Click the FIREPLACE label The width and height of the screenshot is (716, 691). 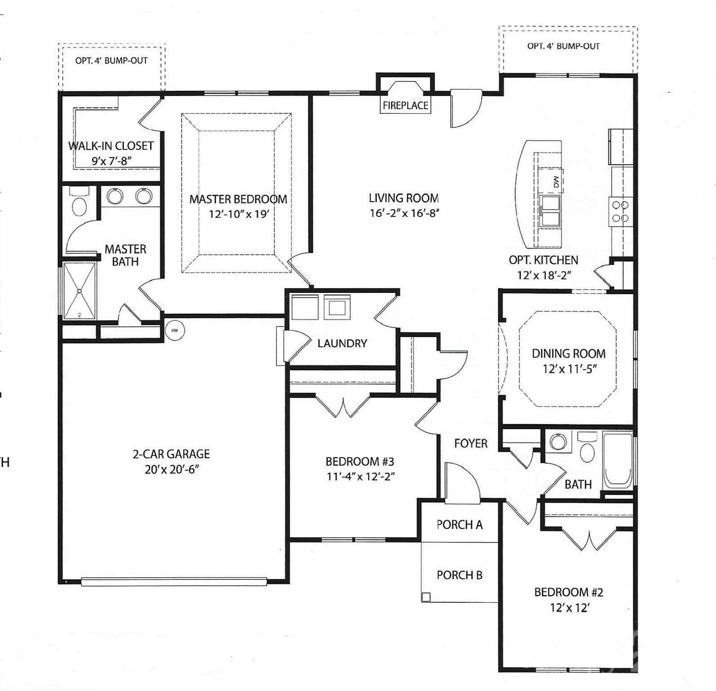(405, 105)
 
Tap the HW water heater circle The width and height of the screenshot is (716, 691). (175, 330)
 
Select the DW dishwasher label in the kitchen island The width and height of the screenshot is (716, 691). (556, 182)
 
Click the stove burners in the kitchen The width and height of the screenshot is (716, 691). (621, 211)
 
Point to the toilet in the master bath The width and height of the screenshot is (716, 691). (80, 203)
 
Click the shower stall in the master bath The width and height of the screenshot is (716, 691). (80, 291)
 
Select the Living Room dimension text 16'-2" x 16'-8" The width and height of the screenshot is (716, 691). (404, 213)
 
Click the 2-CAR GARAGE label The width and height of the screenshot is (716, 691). (171, 454)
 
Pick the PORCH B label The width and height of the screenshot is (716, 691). (459, 575)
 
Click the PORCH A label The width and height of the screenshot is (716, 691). (459, 525)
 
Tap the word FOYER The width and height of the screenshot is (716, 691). (470, 444)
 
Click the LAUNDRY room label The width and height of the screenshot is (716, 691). (342, 344)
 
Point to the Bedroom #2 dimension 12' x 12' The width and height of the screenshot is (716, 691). (569, 608)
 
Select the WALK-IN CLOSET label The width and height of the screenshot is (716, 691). (111, 146)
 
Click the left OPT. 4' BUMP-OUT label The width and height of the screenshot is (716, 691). (111, 61)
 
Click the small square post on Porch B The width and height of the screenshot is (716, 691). (425, 597)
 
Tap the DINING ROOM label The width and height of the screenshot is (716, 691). (568, 354)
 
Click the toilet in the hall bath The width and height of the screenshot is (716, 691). (587, 449)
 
